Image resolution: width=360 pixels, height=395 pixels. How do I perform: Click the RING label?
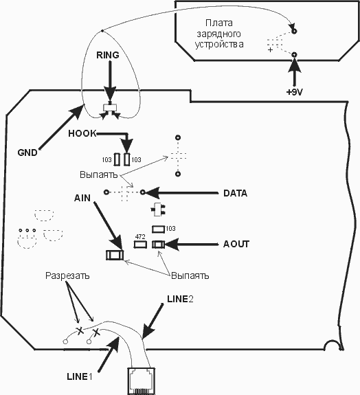[108, 55]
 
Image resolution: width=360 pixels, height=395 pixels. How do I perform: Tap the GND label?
[27, 153]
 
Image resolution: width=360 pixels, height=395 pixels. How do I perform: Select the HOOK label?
[82, 133]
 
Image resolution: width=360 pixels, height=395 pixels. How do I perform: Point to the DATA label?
[235, 193]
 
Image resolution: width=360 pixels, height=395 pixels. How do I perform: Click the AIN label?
[82, 198]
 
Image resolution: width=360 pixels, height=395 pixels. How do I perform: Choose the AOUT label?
[236, 244]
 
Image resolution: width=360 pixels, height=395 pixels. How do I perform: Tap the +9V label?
[294, 92]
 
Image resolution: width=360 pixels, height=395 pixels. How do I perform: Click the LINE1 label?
[80, 376]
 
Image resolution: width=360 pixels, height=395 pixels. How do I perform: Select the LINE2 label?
[180, 299]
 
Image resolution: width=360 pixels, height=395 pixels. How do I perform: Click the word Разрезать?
[67, 275]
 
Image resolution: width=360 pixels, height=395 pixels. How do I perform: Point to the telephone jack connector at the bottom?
[142, 381]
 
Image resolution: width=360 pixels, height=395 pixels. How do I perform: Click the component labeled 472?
[140, 245]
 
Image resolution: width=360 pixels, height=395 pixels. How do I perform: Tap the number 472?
[140, 237]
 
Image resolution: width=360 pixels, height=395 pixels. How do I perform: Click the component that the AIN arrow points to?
[115, 255]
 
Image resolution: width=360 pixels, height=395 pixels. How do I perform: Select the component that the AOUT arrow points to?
[158, 245]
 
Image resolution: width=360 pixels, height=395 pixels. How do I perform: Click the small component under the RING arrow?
[110, 108]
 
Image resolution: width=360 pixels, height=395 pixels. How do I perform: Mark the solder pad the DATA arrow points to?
[143, 192]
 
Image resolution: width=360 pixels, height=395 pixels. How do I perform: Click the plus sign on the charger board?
[270, 50]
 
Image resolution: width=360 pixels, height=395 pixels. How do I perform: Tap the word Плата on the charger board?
[219, 23]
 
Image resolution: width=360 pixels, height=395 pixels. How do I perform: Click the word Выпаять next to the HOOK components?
[98, 174]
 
